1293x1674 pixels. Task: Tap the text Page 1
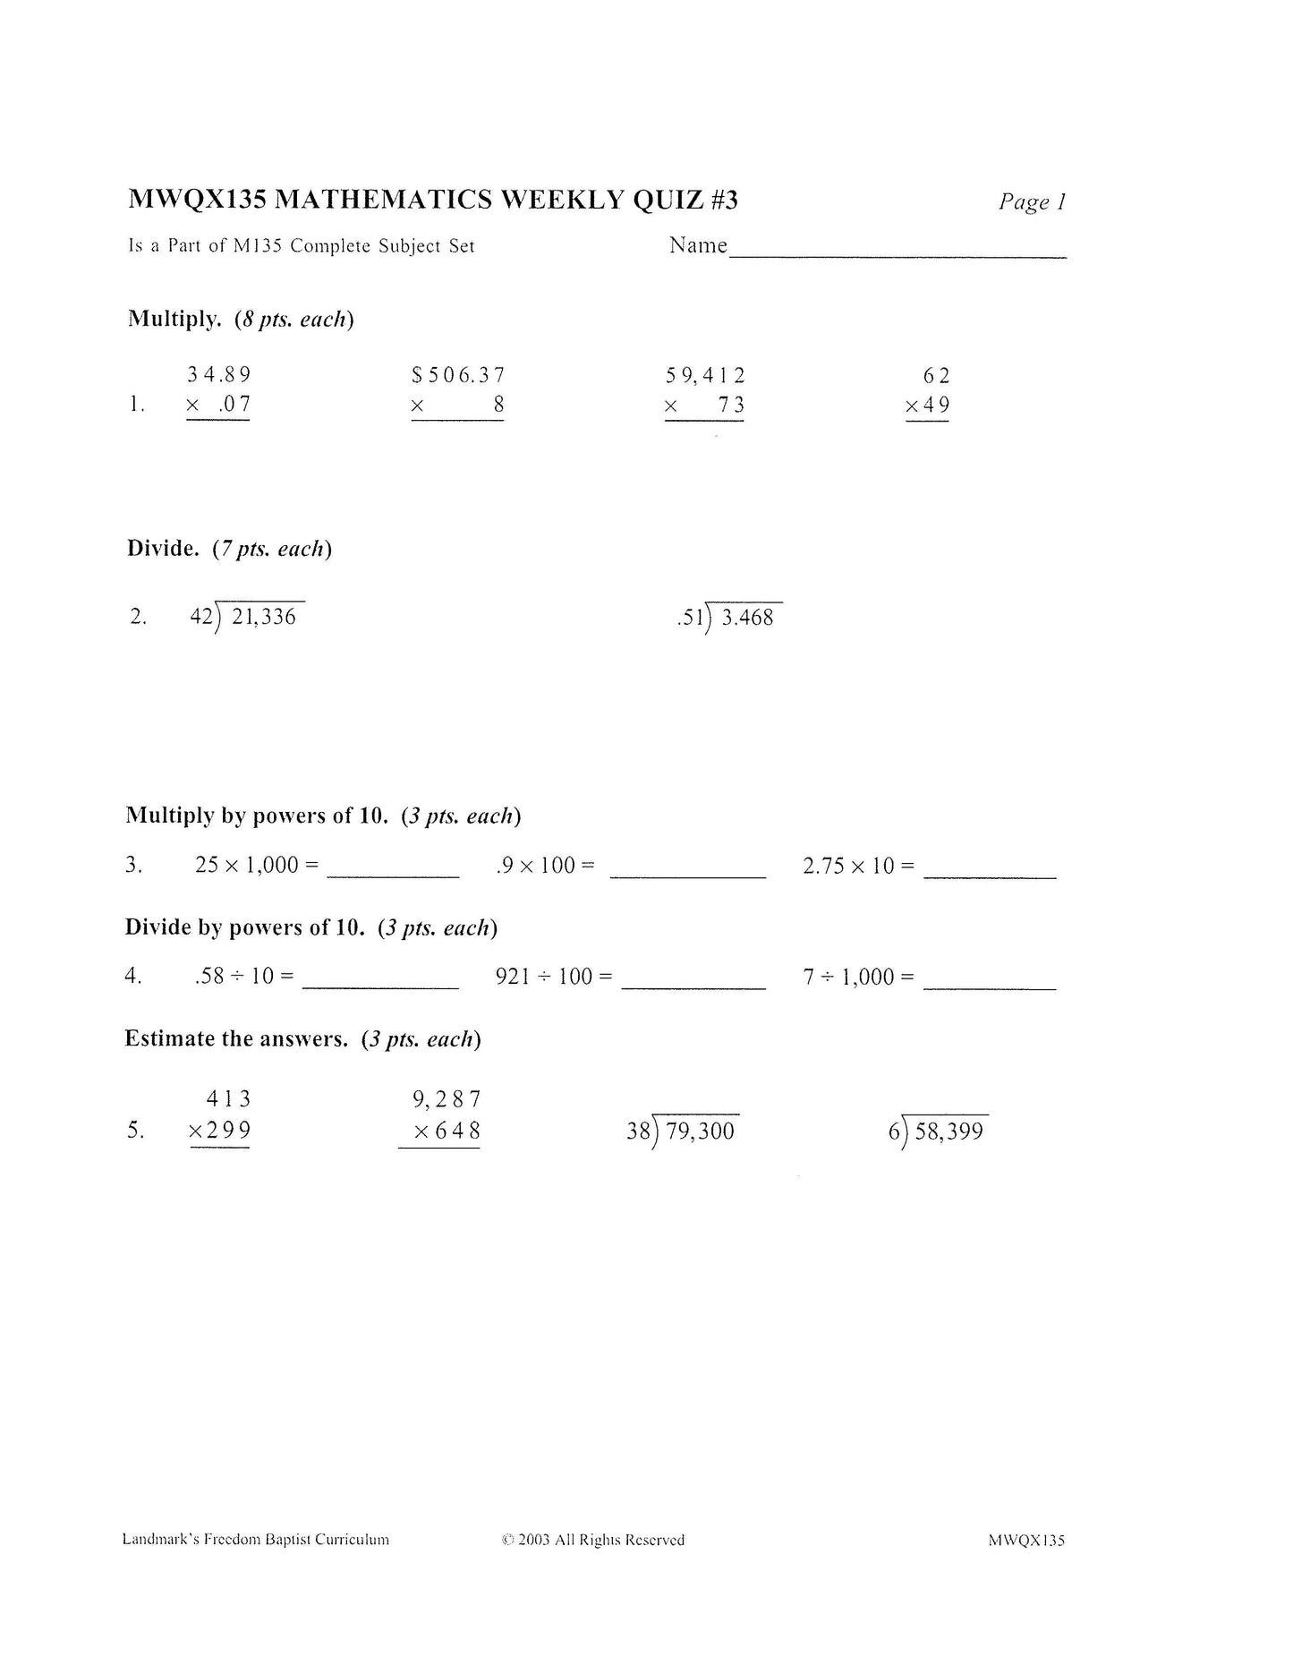click(x=1032, y=202)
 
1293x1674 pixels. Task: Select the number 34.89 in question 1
click(x=219, y=375)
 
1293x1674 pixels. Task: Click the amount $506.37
click(x=458, y=375)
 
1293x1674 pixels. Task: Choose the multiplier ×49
click(x=928, y=406)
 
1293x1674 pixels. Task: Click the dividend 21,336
click(x=263, y=617)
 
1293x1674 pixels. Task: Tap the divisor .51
click(x=691, y=618)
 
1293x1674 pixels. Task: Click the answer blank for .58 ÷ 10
click(x=380, y=983)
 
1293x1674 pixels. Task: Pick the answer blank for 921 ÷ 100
click(x=693, y=983)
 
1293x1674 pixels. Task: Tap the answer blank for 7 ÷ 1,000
click(x=989, y=983)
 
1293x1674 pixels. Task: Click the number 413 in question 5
click(x=228, y=1099)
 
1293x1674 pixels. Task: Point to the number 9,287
click(x=447, y=1099)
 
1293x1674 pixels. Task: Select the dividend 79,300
click(x=700, y=1132)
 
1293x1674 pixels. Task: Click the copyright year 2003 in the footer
click(x=533, y=1541)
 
